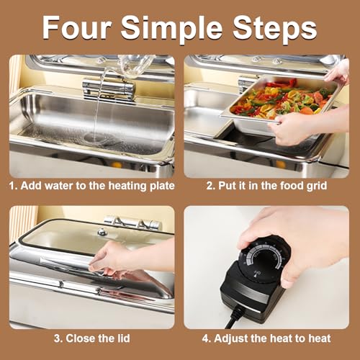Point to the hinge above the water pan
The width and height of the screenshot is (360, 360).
tap(108, 88)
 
